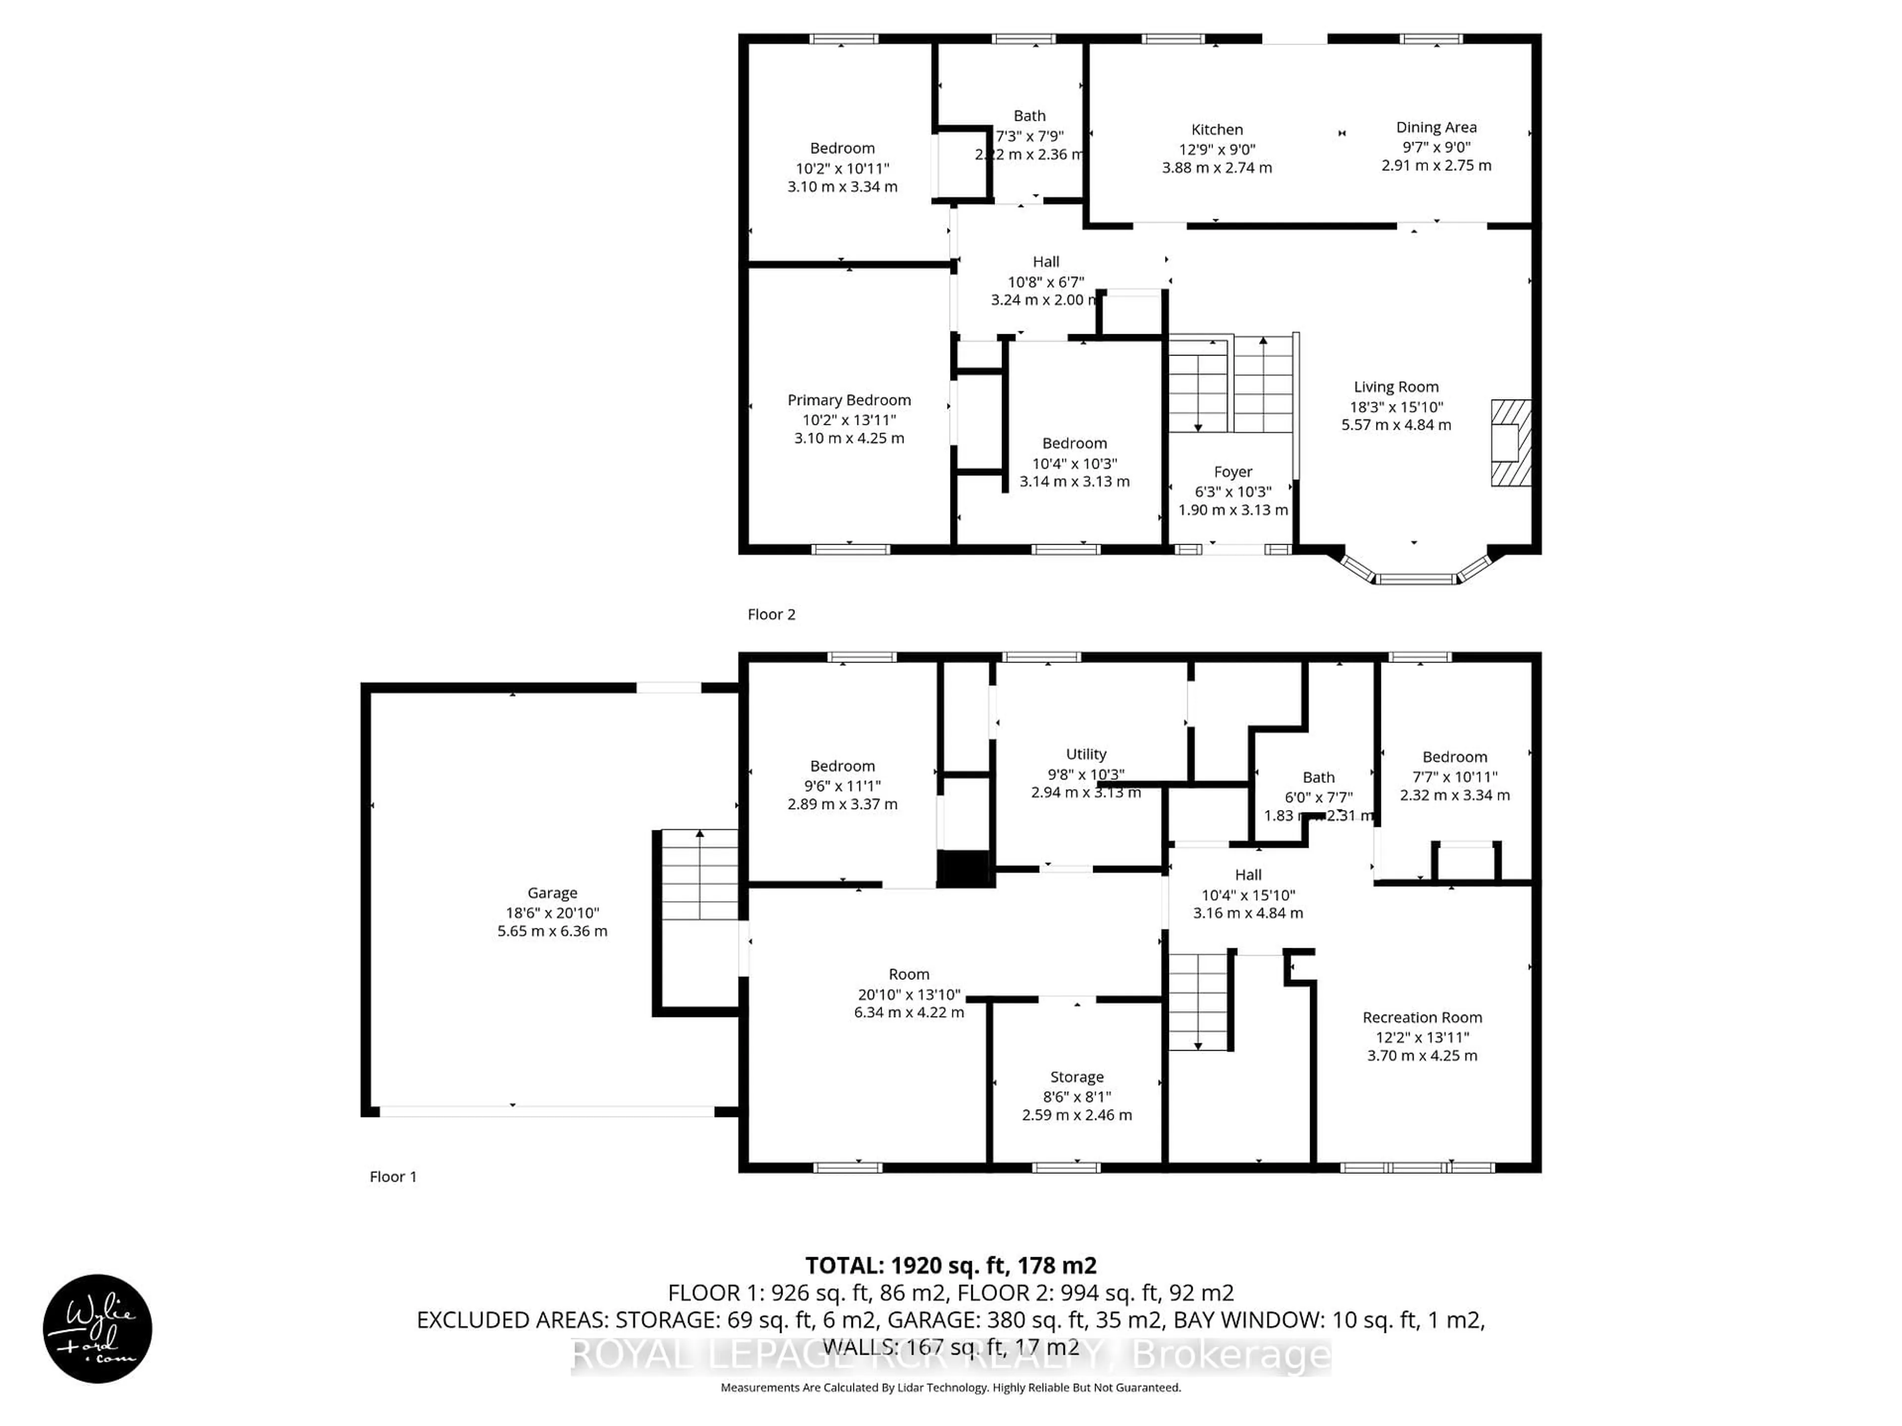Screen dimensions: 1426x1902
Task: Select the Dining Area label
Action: pyautogui.click(x=1436, y=127)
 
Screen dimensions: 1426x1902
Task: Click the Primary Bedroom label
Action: pyautogui.click(x=848, y=400)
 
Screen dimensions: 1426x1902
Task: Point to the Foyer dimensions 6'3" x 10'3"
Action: pyautogui.click(x=1233, y=492)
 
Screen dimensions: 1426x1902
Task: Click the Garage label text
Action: pyautogui.click(x=552, y=893)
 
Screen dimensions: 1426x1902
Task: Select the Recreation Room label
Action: pyautogui.click(x=1422, y=1017)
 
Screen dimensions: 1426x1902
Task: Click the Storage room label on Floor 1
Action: pyautogui.click(x=1076, y=1077)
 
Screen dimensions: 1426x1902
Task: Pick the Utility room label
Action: pyautogui.click(x=1086, y=754)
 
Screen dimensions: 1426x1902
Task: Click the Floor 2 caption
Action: pyautogui.click(x=771, y=613)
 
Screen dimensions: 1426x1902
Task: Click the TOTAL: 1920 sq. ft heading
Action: pyautogui.click(x=950, y=1265)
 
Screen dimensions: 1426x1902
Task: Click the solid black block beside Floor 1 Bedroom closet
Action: pyautogui.click(x=965, y=869)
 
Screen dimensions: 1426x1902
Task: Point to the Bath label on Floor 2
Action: pyautogui.click(x=1029, y=116)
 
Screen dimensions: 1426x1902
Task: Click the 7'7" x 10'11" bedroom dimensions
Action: pyautogui.click(x=1454, y=776)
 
